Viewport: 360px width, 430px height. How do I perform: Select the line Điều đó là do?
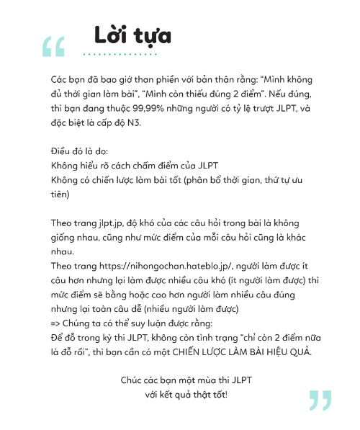coord(78,153)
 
